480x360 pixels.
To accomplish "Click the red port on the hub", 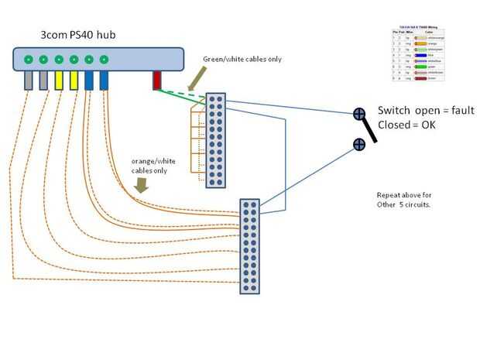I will click(156, 80).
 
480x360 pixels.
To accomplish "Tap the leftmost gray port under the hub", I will click(29, 80).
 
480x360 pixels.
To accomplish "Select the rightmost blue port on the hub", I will click(104, 80).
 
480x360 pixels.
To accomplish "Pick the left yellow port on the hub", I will click(59, 80).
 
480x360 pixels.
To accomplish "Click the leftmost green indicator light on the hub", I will click(29, 59).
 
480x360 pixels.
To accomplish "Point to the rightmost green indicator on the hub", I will click(104, 59).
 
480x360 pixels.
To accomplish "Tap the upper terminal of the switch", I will click(359, 114).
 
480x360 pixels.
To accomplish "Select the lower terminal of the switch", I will click(359, 143).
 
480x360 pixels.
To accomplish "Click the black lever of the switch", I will click(370, 129).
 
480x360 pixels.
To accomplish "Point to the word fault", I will click(458, 111).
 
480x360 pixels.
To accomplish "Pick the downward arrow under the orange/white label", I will click(142, 186).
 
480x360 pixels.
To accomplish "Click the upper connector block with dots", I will click(215, 141).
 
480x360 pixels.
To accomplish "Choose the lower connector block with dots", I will click(249, 246).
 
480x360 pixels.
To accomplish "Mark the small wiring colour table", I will click(418, 54).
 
